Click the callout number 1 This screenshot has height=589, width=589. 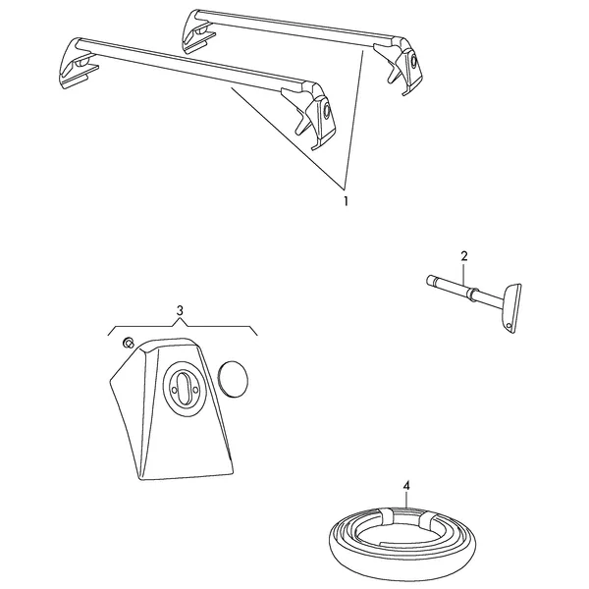click(x=346, y=201)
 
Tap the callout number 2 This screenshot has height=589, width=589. click(x=464, y=256)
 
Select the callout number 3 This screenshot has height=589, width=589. click(x=180, y=310)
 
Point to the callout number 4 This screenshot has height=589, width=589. click(x=406, y=486)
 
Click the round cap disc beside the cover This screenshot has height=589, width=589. click(x=233, y=379)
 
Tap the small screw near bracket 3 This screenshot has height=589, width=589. click(x=128, y=343)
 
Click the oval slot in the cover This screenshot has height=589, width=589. click(x=185, y=389)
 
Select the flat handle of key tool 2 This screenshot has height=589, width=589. click(x=510, y=308)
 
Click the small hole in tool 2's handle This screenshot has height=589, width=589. click(x=509, y=325)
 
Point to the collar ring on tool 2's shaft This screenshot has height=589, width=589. click(x=472, y=292)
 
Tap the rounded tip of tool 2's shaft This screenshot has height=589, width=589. click(x=429, y=280)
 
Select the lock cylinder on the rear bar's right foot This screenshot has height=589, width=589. click(x=413, y=60)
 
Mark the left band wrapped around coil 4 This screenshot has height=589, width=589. click(x=385, y=516)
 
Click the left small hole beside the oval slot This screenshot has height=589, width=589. click(x=174, y=391)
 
